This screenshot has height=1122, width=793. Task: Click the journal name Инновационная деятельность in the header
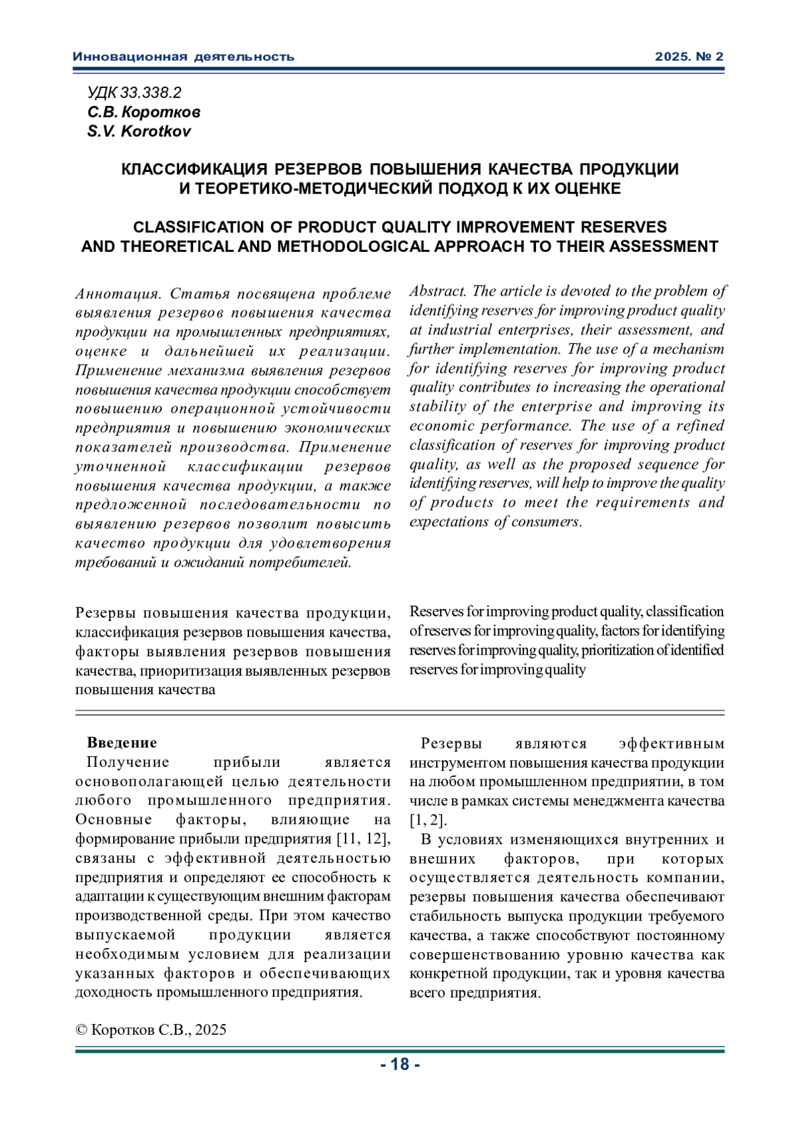[x=183, y=57]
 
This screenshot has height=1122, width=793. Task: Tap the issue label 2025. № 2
[x=689, y=57]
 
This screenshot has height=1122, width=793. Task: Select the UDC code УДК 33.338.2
[x=134, y=93]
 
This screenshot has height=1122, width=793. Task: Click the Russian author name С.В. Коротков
[x=143, y=112]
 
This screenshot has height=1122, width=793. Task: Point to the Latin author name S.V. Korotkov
[x=139, y=131]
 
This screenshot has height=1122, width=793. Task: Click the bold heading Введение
[x=122, y=742]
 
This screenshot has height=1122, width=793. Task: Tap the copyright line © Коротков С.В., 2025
[x=151, y=1029]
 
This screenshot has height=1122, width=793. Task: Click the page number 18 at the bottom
[x=400, y=1064]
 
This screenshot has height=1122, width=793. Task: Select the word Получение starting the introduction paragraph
[x=128, y=762]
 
